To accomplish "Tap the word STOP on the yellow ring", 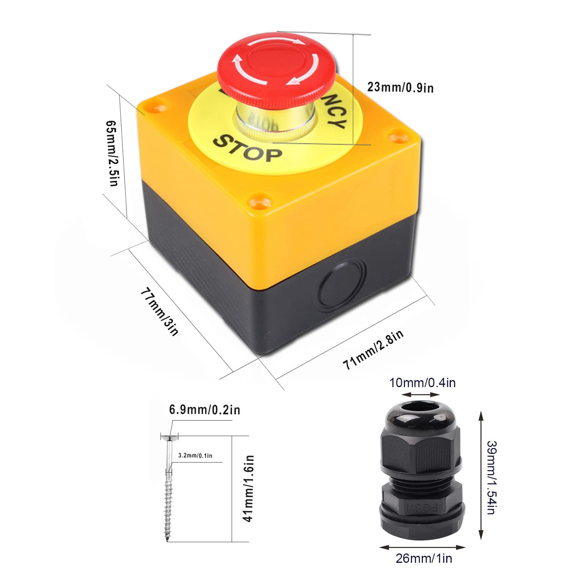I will pyautogui.click(x=248, y=148).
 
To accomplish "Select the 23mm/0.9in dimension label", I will pyautogui.click(x=400, y=87).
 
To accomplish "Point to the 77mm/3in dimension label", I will pyautogui.click(x=160, y=311).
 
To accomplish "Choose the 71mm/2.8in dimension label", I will pyautogui.click(x=373, y=349).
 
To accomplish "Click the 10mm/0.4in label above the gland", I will pyautogui.click(x=422, y=383).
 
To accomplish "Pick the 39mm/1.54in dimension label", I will pyautogui.click(x=490, y=477).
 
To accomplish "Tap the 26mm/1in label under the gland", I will pyautogui.click(x=424, y=559).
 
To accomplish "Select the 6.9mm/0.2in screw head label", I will pyautogui.click(x=204, y=410).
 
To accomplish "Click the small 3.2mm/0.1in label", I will pyautogui.click(x=195, y=455).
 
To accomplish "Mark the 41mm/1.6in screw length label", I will pyautogui.click(x=249, y=488).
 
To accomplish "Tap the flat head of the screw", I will pyautogui.click(x=169, y=438).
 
